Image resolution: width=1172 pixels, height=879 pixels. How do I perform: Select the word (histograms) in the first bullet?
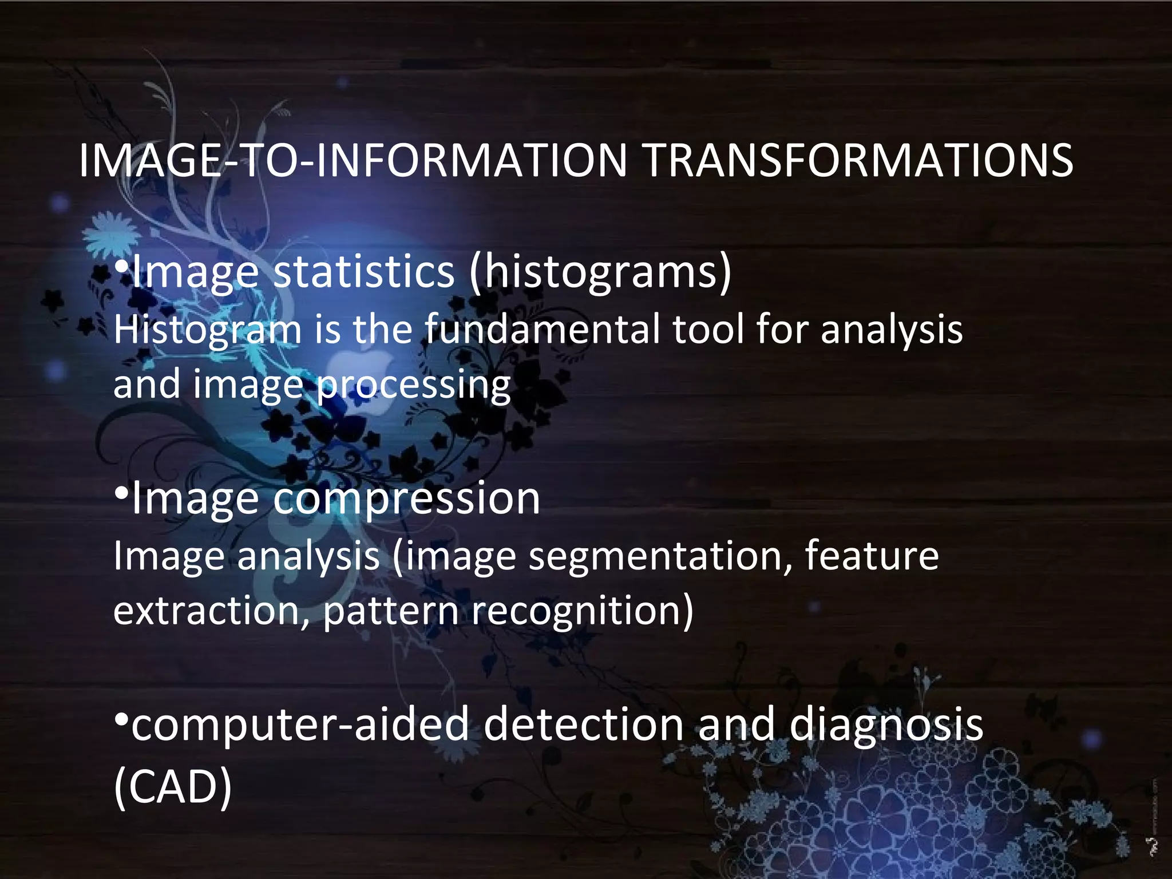pyautogui.click(x=600, y=272)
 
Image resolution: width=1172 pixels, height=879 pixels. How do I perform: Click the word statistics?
pyautogui.click(x=364, y=272)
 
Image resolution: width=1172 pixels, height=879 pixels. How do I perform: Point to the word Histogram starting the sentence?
pyautogui.click(x=207, y=330)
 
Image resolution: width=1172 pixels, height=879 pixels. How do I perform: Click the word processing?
pyautogui.click(x=413, y=385)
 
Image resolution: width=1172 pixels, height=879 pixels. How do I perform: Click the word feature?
pyautogui.click(x=871, y=556)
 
